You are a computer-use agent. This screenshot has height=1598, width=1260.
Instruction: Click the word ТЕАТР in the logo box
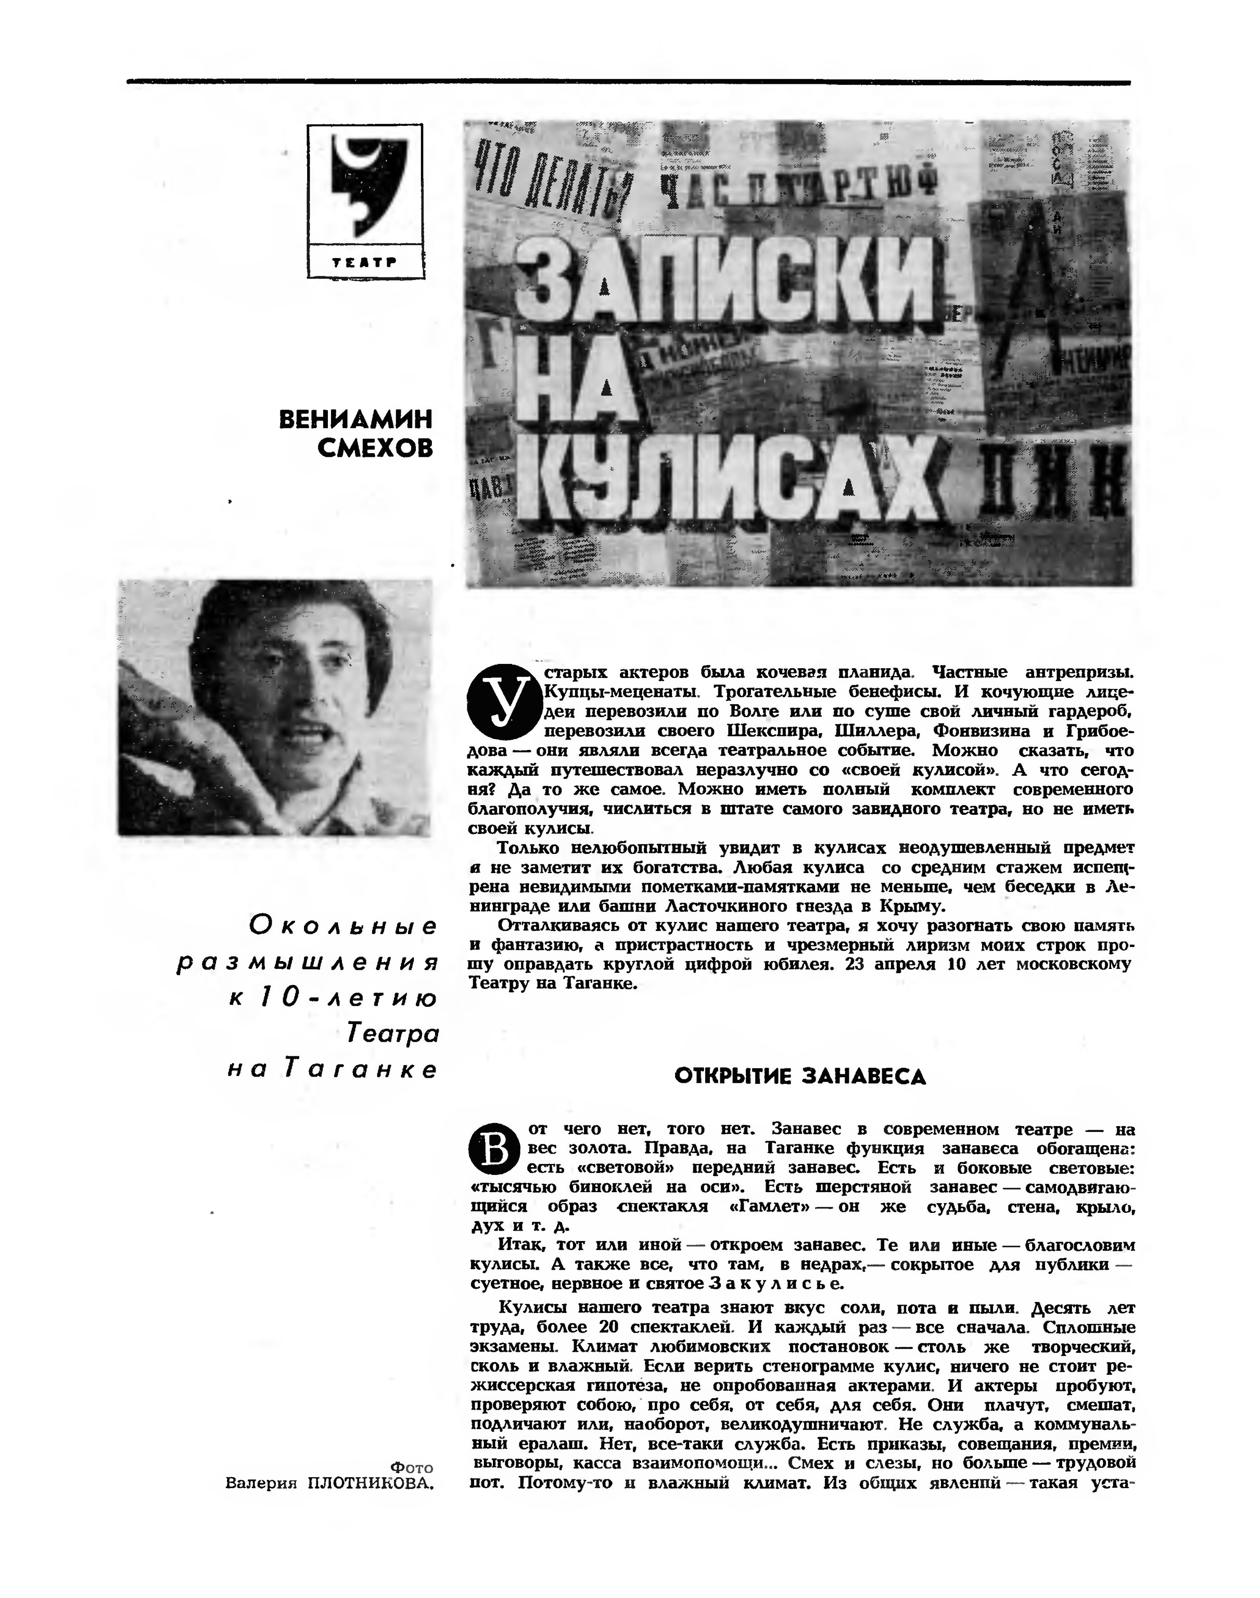click(x=365, y=261)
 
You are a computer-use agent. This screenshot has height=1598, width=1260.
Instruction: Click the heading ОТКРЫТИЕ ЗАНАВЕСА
click(x=800, y=1077)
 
